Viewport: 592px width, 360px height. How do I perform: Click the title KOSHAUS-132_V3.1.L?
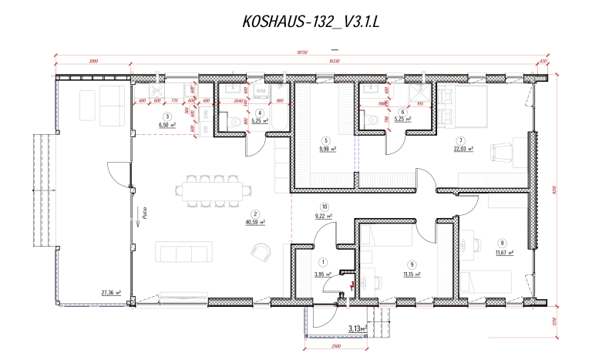[x=311, y=23]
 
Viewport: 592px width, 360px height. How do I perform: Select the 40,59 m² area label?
[x=255, y=222]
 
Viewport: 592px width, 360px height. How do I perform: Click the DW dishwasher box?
[x=206, y=114]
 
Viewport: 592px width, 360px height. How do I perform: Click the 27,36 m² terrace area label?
[x=111, y=293]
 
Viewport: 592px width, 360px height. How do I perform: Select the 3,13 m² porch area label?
[x=357, y=329]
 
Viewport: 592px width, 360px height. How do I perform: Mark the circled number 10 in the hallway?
[x=325, y=207]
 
